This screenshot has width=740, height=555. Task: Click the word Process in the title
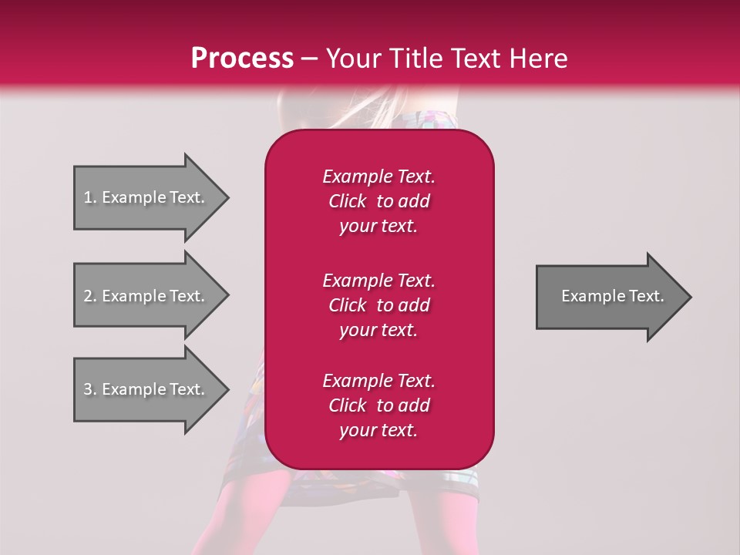click(242, 59)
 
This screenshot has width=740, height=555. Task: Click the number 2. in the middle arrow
click(90, 296)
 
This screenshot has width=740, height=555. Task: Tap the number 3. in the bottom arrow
click(90, 389)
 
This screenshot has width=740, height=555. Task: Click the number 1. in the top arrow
click(90, 197)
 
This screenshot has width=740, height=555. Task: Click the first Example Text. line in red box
click(378, 177)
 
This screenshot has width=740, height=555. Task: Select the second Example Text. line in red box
click(378, 280)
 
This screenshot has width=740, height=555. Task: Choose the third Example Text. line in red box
click(378, 381)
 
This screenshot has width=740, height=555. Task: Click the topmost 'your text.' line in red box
click(378, 227)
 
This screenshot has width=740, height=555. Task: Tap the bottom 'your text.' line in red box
click(378, 431)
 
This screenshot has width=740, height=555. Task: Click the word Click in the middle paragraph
click(348, 305)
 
